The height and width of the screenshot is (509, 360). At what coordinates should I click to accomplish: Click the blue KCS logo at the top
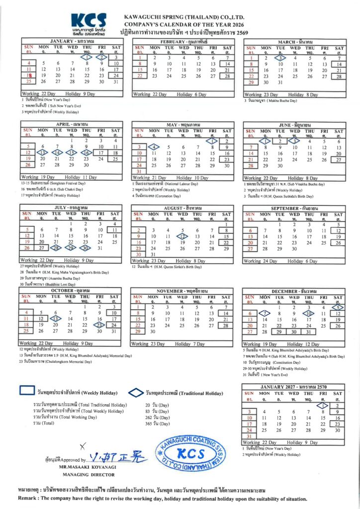pos(89,21)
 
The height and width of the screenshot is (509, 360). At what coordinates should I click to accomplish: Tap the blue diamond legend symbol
pos(135,393)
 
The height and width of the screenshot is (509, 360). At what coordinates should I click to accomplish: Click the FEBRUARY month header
pos(183,42)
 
